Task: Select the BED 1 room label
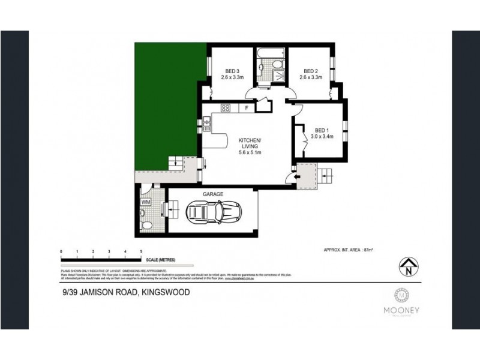coord(322,130)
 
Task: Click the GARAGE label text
coord(213,194)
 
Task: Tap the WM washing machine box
coord(145,203)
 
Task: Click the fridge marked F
coord(246,108)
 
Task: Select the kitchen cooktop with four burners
coord(225,108)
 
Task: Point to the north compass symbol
coord(407,266)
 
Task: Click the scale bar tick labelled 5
coord(140,251)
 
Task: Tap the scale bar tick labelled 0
coord(61,251)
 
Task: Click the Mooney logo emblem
coord(400,295)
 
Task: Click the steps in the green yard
coord(176,161)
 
